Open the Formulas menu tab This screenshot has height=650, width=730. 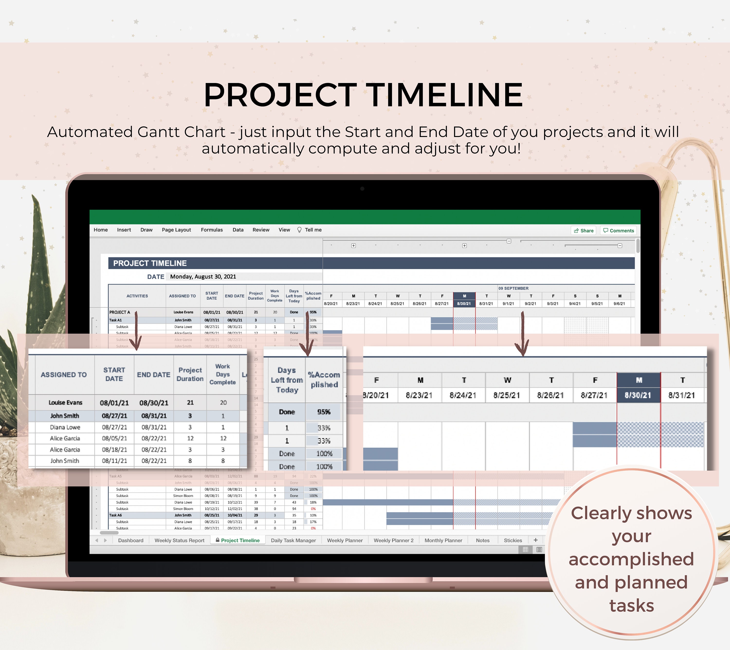point(211,230)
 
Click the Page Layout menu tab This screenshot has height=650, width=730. point(176,230)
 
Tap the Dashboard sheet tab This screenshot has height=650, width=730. point(131,540)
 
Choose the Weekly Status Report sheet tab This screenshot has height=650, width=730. point(179,540)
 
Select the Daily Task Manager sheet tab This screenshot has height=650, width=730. point(293,540)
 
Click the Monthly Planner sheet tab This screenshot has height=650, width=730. point(443,540)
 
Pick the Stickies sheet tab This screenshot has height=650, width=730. point(513,540)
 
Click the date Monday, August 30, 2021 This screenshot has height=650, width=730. point(203,276)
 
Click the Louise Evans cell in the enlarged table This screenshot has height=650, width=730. point(65,403)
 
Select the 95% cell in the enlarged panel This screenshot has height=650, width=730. point(324,412)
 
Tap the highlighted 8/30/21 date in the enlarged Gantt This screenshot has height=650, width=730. point(638,395)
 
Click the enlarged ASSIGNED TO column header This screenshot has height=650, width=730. point(64,375)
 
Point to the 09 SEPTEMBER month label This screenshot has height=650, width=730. point(514,288)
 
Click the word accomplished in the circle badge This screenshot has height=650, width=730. point(631,559)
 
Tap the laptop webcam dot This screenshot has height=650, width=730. point(362,189)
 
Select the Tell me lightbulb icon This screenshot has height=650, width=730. point(299,230)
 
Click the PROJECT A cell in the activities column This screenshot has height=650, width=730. point(120,312)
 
